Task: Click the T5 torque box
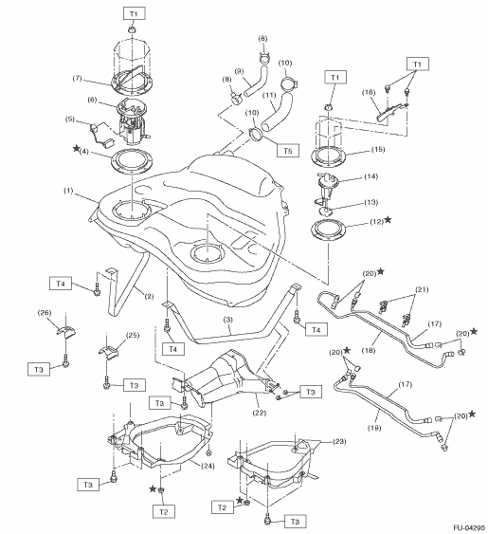pyautogui.click(x=288, y=150)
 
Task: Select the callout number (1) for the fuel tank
pyautogui.click(x=69, y=191)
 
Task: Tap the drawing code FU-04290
pyautogui.click(x=469, y=528)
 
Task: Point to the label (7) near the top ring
pyautogui.click(x=78, y=78)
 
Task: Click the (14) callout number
pyautogui.click(x=371, y=176)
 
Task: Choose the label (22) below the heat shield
pyautogui.click(x=259, y=413)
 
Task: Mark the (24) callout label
pyautogui.click(x=208, y=466)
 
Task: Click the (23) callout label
pyautogui.click(x=339, y=441)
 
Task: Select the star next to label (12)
pyautogui.click(x=388, y=220)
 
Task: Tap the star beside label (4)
pyautogui.click(x=76, y=149)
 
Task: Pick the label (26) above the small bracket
pyautogui.click(x=45, y=312)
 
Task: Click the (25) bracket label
pyautogui.click(x=133, y=335)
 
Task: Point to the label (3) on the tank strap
pyautogui.click(x=228, y=320)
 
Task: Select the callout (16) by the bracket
pyautogui.click(x=369, y=92)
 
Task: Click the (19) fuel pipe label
pyautogui.click(x=374, y=428)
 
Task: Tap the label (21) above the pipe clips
pyautogui.click(x=422, y=289)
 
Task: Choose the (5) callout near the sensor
pyautogui.click(x=69, y=120)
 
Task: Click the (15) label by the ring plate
pyautogui.click(x=378, y=149)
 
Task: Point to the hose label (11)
pyautogui.click(x=269, y=95)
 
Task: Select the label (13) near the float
pyautogui.click(x=371, y=202)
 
